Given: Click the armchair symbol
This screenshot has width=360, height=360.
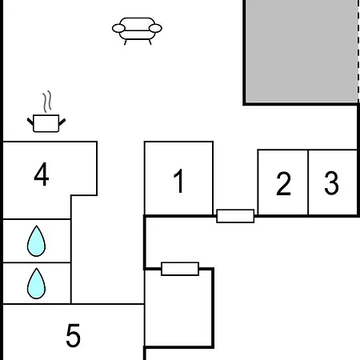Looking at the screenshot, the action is pyautogui.click(x=137, y=30).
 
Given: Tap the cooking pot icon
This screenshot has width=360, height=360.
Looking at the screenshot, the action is pyautogui.click(x=46, y=123).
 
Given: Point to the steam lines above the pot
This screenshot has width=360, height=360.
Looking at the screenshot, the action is pyautogui.click(x=47, y=102).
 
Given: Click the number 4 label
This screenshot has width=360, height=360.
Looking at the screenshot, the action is pyautogui.click(x=42, y=174).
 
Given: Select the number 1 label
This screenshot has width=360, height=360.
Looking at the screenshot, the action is pyautogui.click(x=179, y=181).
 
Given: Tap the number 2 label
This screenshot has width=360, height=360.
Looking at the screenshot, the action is pyautogui.click(x=283, y=183).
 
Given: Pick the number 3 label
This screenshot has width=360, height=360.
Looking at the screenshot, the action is pyautogui.click(x=331, y=183).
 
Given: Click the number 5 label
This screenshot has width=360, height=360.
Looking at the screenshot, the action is pyautogui.click(x=73, y=335).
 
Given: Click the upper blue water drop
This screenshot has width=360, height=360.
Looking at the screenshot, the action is pyautogui.click(x=36, y=241).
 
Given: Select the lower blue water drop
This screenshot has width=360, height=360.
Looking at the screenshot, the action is pyautogui.click(x=36, y=283).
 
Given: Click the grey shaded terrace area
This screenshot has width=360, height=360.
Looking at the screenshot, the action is pyautogui.click(x=302, y=50).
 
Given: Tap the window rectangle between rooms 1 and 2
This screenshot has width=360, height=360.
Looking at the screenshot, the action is pyautogui.click(x=235, y=216).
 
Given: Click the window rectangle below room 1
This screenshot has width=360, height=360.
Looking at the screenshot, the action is pyautogui.click(x=180, y=269).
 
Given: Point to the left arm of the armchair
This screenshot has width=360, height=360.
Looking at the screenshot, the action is pyautogui.click(x=118, y=28).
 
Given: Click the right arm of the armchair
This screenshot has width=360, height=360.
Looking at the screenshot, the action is pyautogui.click(x=155, y=28).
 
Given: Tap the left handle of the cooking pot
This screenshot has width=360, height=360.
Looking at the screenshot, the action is pyautogui.click(x=30, y=122).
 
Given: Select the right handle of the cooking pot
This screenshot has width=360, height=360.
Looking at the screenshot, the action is pyautogui.click(x=62, y=122).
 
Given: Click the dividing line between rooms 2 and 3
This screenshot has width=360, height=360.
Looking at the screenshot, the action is pyautogui.click(x=308, y=182).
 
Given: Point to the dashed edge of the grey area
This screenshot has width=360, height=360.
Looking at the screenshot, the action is pyautogui.click(x=358, y=50).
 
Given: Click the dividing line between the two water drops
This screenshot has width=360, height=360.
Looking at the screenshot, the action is pyautogui.click(x=37, y=262).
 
